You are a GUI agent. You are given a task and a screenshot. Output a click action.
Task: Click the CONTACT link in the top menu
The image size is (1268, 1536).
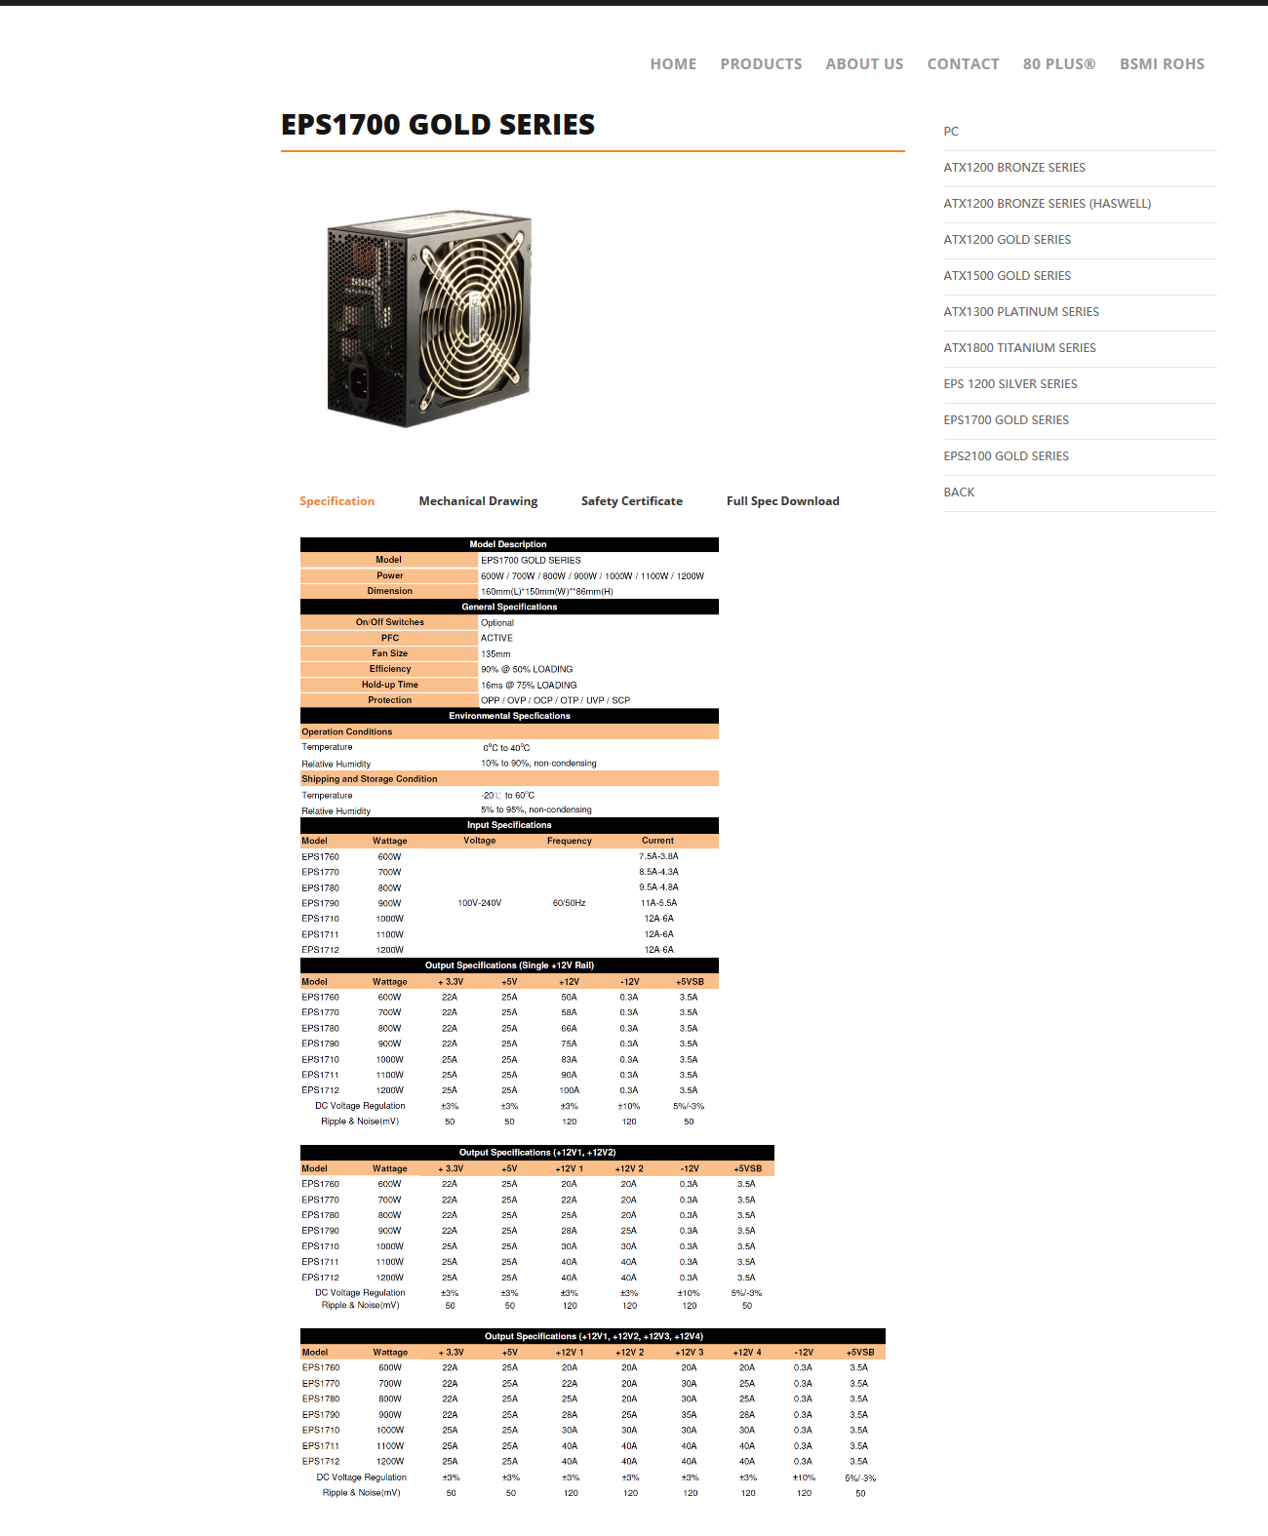pyautogui.click(x=963, y=64)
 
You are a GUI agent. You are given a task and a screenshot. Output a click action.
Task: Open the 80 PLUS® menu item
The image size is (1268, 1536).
pyautogui.click(x=1058, y=64)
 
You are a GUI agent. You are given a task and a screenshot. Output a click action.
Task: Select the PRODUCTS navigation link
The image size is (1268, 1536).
pyautogui.click(x=761, y=64)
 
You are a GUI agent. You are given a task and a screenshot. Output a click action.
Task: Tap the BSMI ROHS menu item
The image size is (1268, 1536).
pyautogui.click(x=1162, y=64)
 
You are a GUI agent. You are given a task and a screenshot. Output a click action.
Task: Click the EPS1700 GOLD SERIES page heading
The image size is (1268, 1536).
pyautogui.click(x=438, y=125)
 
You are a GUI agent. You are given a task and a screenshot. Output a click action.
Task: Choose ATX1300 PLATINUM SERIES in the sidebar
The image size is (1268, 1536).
pyautogui.click(x=1021, y=312)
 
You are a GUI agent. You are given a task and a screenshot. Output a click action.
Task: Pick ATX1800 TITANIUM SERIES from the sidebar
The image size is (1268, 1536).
pyautogui.click(x=1019, y=348)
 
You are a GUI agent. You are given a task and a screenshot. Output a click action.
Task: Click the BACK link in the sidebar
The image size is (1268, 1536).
pyautogui.click(x=959, y=492)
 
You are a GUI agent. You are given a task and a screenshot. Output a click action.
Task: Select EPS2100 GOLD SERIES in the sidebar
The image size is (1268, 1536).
pyautogui.click(x=1006, y=456)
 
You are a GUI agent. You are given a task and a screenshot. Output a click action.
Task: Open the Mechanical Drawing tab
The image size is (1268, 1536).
pyautogui.click(x=478, y=501)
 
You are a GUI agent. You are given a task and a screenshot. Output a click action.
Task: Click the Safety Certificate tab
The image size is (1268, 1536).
pyautogui.click(x=631, y=501)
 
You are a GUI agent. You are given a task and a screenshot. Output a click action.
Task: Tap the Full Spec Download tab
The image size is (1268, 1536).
pyautogui.click(x=782, y=501)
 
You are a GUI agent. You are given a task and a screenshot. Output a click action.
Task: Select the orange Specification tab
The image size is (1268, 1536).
pyautogui.click(x=337, y=501)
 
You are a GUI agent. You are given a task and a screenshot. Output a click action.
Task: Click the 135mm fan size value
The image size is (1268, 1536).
pyautogui.click(x=495, y=654)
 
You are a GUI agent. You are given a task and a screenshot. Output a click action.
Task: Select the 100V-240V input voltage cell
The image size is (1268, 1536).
pyautogui.click(x=479, y=903)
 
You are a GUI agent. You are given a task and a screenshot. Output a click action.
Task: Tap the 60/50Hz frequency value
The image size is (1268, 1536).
pyautogui.click(x=569, y=903)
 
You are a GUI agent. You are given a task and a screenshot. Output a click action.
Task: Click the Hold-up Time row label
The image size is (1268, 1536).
pyautogui.click(x=389, y=685)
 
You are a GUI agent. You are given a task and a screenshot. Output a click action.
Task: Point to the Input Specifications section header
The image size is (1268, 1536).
pyautogui.click(x=509, y=825)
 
